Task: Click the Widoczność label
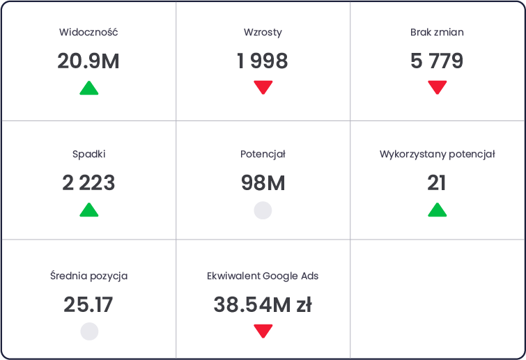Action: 88,32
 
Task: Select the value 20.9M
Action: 88,61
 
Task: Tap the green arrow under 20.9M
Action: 89,88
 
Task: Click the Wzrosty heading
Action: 263,33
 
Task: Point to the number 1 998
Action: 263,61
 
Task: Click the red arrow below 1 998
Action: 263,88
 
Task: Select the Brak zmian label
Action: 437,32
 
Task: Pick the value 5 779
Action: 437,61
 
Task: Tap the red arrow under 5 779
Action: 437,88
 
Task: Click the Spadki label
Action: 89,154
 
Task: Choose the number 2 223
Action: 88,183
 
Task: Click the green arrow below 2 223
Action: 89,210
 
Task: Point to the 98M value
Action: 263,183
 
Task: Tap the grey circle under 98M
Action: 263,210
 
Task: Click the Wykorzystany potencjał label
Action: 437,154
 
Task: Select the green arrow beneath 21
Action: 437,210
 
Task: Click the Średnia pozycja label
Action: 89,276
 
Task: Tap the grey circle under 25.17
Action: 89,331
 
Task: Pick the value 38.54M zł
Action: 263,305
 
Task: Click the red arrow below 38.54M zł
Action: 263,331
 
